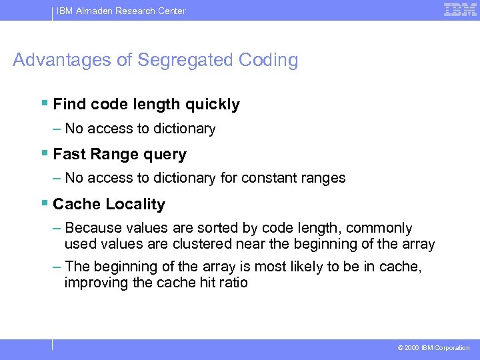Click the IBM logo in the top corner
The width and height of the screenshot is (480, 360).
pyautogui.click(x=460, y=9)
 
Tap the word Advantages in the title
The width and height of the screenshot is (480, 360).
pyautogui.click(x=63, y=60)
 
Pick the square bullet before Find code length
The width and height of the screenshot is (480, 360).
pyautogui.click(x=44, y=103)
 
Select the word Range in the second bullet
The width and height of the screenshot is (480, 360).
pyautogui.click(x=109, y=155)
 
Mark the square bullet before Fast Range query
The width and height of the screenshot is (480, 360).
pyautogui.click(x=44, y=153)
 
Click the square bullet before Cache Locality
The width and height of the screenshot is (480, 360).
pyautogui.click(x=44, y=203)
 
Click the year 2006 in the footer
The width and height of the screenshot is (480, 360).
pyautogui.click(x=411, y=348)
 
